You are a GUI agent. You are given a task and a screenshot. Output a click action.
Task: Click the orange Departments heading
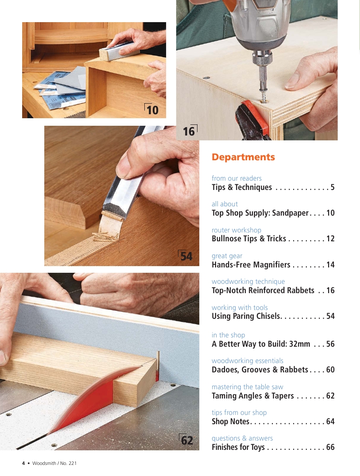pos(243,157)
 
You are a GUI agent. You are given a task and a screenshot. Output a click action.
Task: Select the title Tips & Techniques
pos(242,187)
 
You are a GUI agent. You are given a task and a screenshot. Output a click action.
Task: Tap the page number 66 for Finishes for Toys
pos(330,447)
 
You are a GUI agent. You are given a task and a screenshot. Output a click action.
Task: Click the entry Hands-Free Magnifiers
pos(251,265)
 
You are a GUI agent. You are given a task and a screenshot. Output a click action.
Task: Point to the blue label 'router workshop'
pos(236,230)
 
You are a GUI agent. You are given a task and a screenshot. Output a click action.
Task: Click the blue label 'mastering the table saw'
pos(248,387)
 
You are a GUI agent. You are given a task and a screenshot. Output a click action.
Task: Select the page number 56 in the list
pos(330,344)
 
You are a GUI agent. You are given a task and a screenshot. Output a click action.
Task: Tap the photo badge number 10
pos(152,110)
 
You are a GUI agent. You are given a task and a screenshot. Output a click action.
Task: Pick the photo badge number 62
pos(187,440)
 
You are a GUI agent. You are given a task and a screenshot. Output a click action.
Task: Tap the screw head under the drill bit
pos(264,99)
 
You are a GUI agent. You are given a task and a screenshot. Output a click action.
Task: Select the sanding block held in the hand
pos(119,52)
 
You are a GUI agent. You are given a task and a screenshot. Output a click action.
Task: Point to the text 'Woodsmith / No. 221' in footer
pos(54,463)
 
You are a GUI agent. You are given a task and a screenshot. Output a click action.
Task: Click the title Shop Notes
pos(230,422)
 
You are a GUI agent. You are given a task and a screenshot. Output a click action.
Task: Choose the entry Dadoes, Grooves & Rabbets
pos(260,369)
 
